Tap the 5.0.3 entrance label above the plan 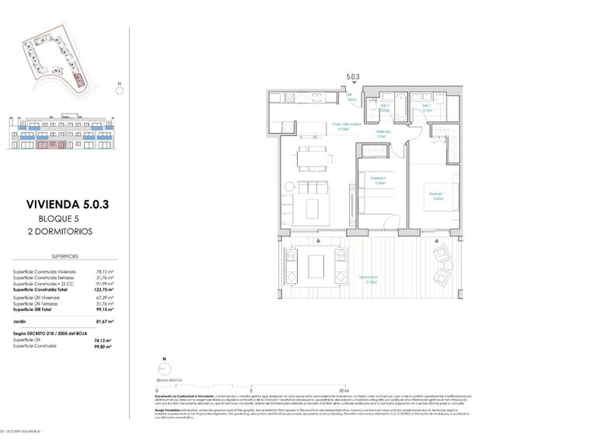point(353,77)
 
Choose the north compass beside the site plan point(119,90)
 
